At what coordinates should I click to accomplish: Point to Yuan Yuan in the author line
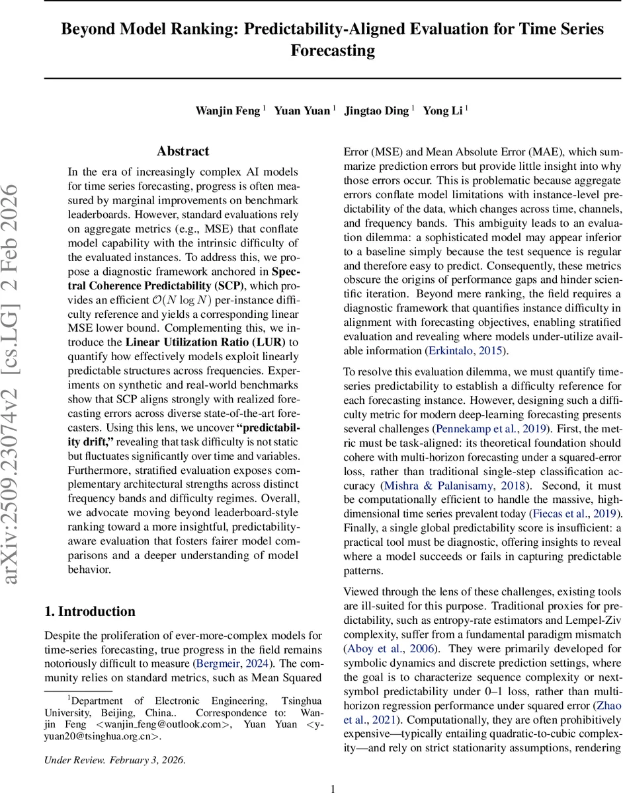302,110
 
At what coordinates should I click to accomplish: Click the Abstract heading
183,151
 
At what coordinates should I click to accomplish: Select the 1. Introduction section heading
89,611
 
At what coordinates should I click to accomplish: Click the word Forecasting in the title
333,50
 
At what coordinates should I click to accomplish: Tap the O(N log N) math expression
183,299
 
